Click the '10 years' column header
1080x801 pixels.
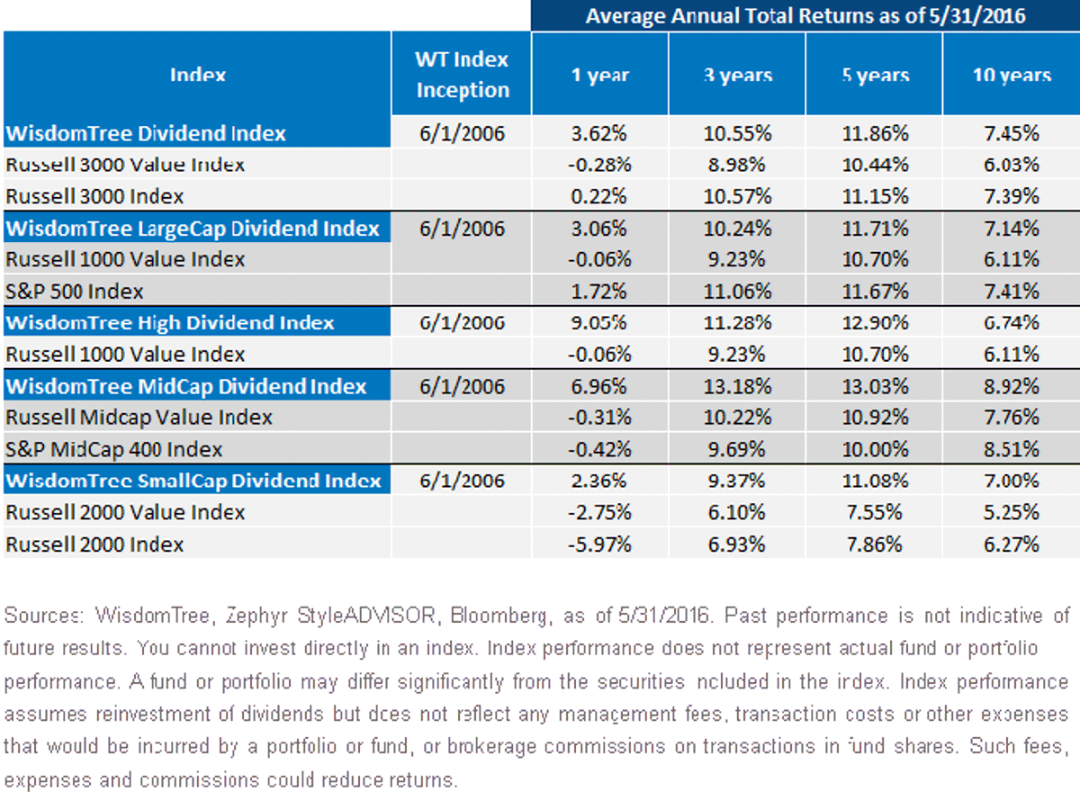point(1012,75)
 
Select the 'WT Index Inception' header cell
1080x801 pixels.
point(462,75)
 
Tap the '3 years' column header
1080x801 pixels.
point(738,75)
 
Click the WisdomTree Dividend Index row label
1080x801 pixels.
point(145,133)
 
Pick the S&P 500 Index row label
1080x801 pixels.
point(74,292)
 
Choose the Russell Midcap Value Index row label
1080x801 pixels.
point(139,418)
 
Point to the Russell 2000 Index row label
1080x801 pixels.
point(94,544)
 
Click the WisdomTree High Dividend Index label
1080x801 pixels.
point(170,323)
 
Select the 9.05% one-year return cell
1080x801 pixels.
point(598,323)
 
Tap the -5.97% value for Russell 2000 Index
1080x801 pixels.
point(598,544)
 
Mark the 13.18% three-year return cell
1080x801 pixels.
point(737,387)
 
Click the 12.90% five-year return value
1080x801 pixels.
point(875,323)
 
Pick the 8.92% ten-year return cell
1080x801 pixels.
point(1012,387)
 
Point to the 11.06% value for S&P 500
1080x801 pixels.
point(737,292)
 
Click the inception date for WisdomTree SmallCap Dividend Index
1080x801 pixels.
point(462,481)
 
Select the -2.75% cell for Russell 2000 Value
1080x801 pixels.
point(598,512)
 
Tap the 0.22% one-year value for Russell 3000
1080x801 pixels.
point(598,196)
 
